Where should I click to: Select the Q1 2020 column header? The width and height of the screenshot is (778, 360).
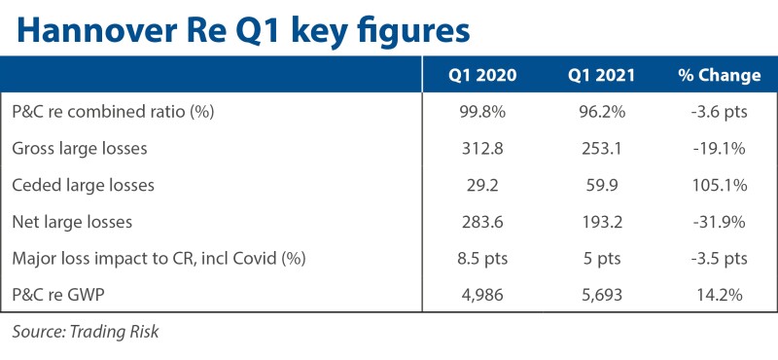coord(481,75)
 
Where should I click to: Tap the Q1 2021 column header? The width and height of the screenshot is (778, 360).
coord(601,75)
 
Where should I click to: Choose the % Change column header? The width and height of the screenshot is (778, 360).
coord(719,75)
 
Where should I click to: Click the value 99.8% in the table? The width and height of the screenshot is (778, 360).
coord(481,112)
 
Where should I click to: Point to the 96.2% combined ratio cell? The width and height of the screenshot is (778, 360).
coord(601,112)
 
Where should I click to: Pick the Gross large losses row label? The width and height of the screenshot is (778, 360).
coord(80,149)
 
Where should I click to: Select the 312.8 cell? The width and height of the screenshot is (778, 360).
coord(481,149)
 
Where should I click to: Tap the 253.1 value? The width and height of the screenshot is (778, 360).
coord(601,149)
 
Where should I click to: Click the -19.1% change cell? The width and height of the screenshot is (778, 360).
coord(719,149)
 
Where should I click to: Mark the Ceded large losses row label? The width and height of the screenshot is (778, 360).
coord(83,185)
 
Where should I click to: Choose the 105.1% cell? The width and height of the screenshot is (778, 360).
coord(719,185)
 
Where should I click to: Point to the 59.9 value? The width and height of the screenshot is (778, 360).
coord(601,185)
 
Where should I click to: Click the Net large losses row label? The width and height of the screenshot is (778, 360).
coord(72,222)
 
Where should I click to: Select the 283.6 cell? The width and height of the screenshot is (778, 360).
coord(481,222)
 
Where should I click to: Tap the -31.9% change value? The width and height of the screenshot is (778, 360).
coord(719,222)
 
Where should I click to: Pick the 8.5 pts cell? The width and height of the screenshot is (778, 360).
coord(481,259)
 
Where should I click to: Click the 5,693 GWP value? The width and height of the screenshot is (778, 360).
coord(601,296)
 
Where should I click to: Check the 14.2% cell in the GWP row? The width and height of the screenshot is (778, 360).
coord(719,296)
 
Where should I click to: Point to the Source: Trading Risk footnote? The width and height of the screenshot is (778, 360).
coord(86,331)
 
